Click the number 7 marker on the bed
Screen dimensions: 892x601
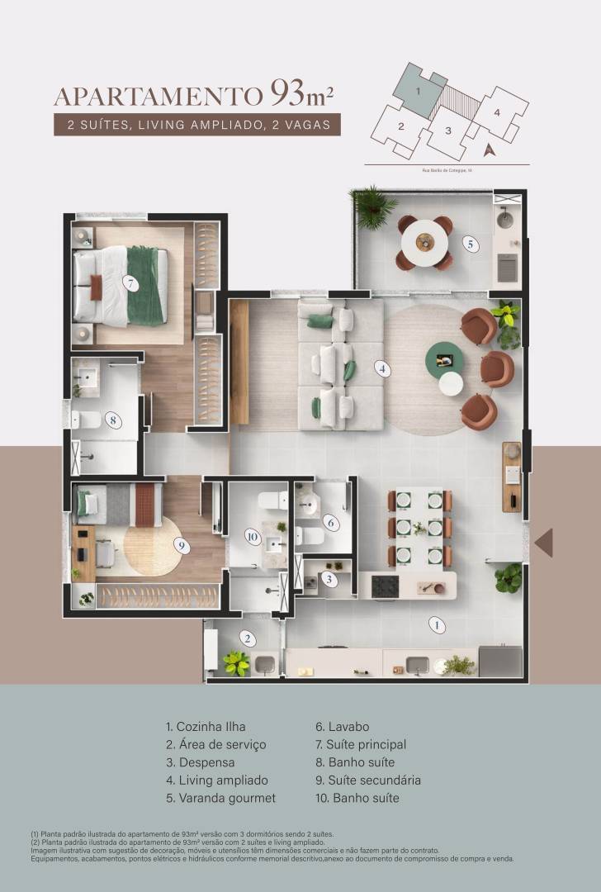[129, 282]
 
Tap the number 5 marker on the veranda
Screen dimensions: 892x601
[469, 244]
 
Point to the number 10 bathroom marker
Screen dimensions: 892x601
[252, 535]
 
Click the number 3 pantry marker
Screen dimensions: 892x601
[329, 579]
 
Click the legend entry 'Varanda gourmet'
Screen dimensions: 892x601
[220, 798]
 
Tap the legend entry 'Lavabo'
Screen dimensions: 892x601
[342, 727]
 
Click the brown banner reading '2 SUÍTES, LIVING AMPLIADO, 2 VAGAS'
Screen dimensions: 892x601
[196, 126]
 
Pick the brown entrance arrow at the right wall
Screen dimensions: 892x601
[544, 543]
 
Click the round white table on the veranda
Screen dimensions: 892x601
[424, 241]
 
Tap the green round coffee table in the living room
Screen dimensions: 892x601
[445, 359]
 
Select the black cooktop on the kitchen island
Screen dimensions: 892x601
[386, 586]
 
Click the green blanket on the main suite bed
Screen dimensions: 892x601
[146, 286]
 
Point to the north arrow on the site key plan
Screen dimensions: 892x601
[488, 149]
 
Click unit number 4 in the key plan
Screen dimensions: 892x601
[497, 112]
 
